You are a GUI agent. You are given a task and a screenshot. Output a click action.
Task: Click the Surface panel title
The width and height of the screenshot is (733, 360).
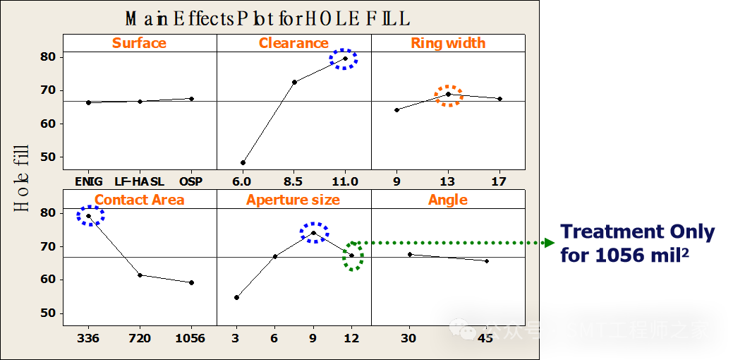pyautogui.click(x=139, y=43)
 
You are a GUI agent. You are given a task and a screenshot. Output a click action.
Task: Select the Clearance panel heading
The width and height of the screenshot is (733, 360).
pyautogui.click(x=293, y=43)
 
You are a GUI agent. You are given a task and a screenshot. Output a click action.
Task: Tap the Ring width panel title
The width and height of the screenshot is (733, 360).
pyautogui.click(x=448, y=43)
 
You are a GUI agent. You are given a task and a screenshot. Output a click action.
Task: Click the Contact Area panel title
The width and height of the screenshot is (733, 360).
pyautogui.click(x=139, y=200)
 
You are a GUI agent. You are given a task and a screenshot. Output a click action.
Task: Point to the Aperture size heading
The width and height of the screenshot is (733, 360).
pyautogui.click(x=293, y=200)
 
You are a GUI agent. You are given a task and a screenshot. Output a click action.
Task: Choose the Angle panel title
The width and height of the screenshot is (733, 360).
pyautogui.click(x=448, y=200)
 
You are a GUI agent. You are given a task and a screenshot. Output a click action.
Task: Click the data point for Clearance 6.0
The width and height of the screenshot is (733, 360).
pyautogui.click(x=243, y=163)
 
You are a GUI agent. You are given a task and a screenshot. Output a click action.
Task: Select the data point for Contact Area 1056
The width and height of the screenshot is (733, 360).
pyautogui.click(x=191, y=282)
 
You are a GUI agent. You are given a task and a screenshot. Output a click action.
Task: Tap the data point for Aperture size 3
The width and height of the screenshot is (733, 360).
pyautogui.click(x=236, y=297)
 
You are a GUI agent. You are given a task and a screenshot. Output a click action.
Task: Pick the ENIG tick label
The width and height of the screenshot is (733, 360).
pyautogui.click(x=89, y=181)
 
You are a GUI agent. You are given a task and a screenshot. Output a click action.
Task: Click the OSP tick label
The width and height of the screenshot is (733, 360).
pyautogui.click(x=190, y=181)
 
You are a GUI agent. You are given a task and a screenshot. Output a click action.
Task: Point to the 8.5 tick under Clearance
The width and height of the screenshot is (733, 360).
pyautogui.click(x=294, y=181)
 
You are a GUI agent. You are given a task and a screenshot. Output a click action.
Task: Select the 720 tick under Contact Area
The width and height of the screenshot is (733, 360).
pyautogui.click(x=140, y=338)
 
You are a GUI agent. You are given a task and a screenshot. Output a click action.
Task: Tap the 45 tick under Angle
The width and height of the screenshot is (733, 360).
pyautogui.click(x=486, y=338)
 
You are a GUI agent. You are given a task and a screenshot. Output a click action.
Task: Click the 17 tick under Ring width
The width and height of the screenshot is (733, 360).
pyautogui.click(x=499, y=181)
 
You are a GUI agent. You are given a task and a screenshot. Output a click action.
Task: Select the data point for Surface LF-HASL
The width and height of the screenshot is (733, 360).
pyautogui.click(x=140, y=101)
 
